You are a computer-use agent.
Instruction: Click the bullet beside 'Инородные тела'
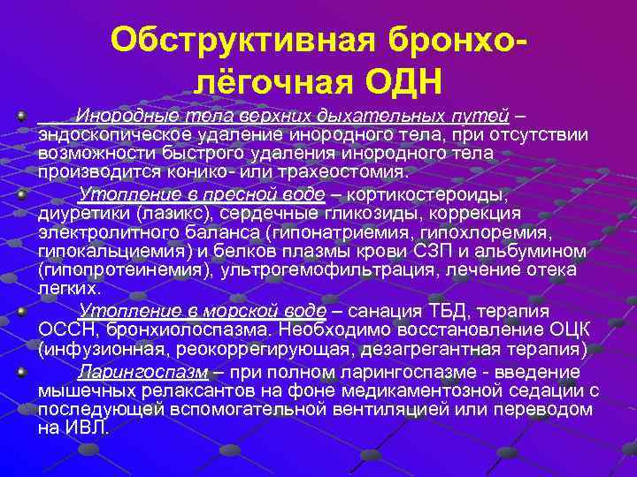(x=20, y=115)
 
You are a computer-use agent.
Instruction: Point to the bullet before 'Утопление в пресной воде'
(x=20, y=189)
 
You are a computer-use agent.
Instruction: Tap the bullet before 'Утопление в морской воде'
(x=20, y=311)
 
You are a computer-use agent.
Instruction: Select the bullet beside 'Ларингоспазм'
(x=20, y=368)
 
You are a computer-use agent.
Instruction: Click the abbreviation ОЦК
(x=564, y=330)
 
